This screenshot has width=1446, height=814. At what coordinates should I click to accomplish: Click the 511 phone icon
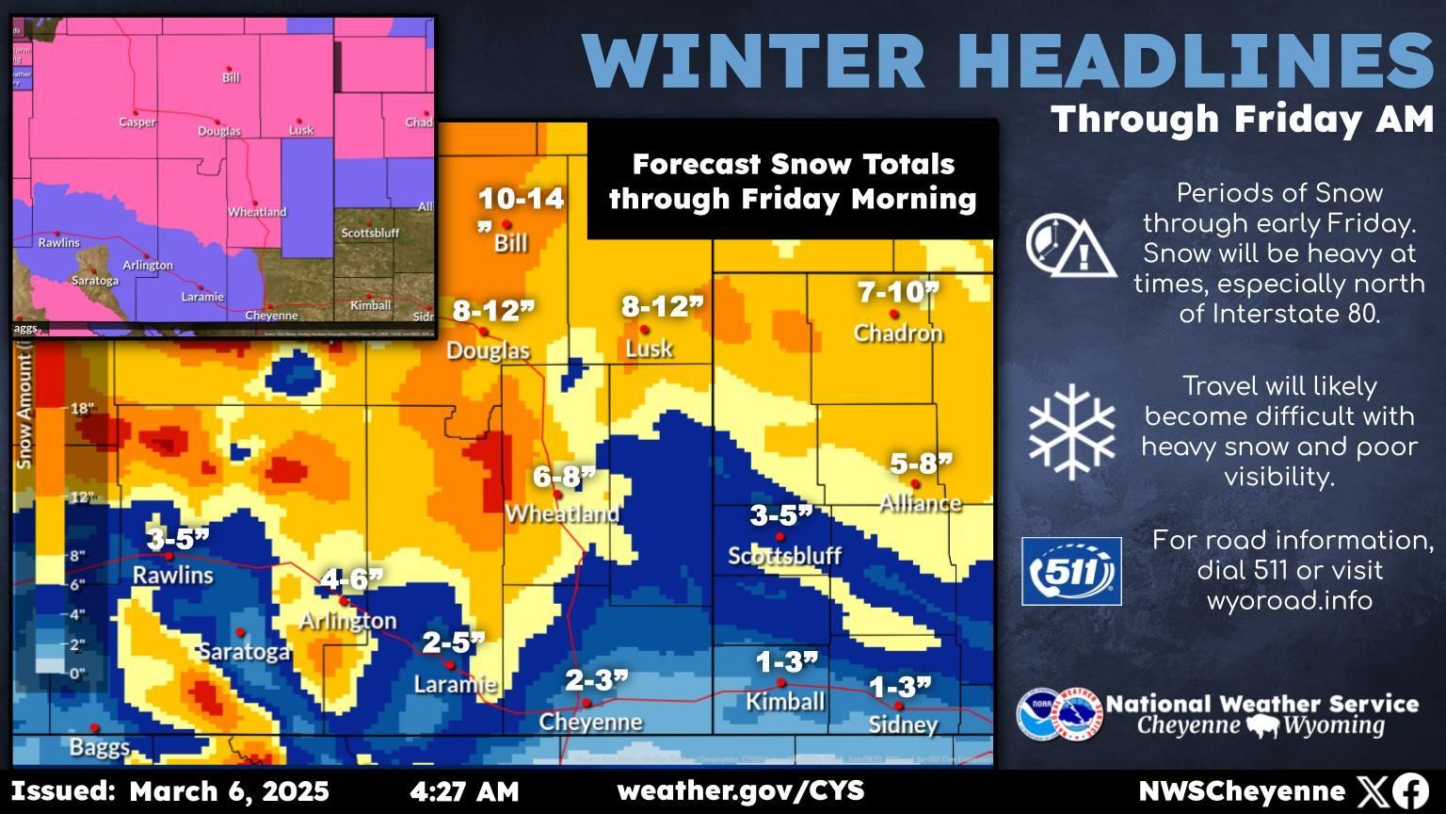(1071, 571)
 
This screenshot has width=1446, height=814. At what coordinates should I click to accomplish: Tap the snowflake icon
(1071, 431)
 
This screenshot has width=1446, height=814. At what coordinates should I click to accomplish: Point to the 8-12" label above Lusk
(663, 306)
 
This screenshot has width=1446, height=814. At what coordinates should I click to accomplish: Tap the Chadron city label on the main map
(897, 334)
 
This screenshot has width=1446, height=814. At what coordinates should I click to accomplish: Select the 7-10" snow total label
(897, 292)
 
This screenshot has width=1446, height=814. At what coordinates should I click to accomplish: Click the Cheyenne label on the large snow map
(590, 723)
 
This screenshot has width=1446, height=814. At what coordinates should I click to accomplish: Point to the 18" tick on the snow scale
(83, 409)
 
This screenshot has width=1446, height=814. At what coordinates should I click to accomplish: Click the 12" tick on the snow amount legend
(83, 497)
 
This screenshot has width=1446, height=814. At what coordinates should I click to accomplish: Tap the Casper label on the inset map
(137, 122)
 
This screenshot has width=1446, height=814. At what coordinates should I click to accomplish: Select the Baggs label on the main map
(99, 748)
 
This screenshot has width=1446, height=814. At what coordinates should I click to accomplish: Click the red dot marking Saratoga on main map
(240, 632)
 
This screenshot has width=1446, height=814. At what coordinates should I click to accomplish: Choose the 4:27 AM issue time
(464, 791)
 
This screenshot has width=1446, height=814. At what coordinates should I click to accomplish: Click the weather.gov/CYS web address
(740, 791)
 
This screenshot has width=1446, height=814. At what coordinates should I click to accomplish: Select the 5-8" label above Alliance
(921, 464)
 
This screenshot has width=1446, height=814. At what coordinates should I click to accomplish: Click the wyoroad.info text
(1289, 600)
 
